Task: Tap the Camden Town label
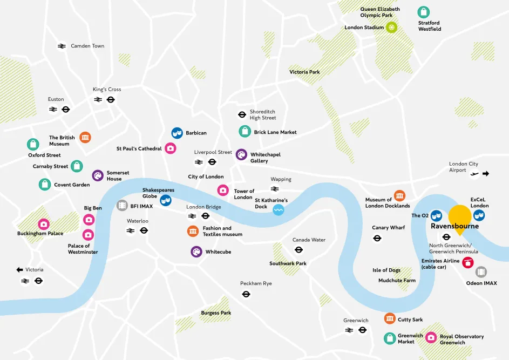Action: pyautogui.click(x=87, y=46)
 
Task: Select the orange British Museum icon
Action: pyautogui.click(x=85, y=138)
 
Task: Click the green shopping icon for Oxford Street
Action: pyautogui.click(x=33, y=144)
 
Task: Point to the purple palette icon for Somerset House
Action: pyautogui.click(x=98, y=175)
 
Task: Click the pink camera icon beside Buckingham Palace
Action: pyautogui.click(x=43, y=224)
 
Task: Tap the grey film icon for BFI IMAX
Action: pyautogui.click(x=123, y=206)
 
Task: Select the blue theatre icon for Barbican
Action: pyautogui.click(x=177, y=133)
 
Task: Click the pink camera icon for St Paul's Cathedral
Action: pyautogui.click(x=171, y=148)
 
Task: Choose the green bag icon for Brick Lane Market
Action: pyautogui.click(x=245, y=131)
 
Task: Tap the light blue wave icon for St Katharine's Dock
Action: pyautogui.click(x=279, y=210)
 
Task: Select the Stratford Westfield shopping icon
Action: pyautogui.click(x=424, y=12)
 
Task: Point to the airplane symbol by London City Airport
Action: pyautogui.click(x=474, y=174)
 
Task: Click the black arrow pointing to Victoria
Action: pyautogui.click(x=20, y=269)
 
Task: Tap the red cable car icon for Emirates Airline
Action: pyautogui.click(x=467, y=262)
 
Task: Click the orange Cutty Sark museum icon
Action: pyautogui.click(x=390, y=318)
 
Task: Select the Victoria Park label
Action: pyautogui.click(x=304, y=72)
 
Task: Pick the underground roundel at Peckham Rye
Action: pyautogui.click(x=246, y=294)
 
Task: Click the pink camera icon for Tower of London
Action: pyautogui.click(x=223, y=190)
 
